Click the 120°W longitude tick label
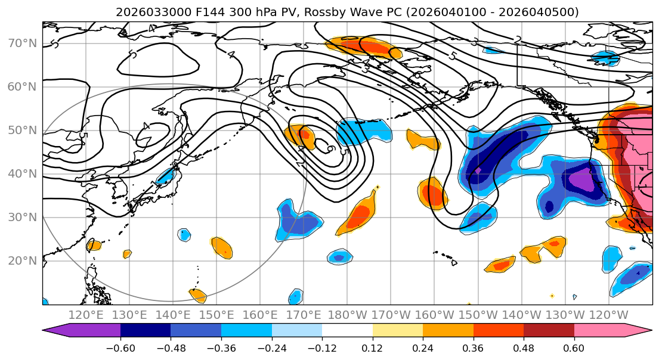pyautogui.click(x=608, y=315)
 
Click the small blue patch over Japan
pyautogui.click(x=165, y=176)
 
